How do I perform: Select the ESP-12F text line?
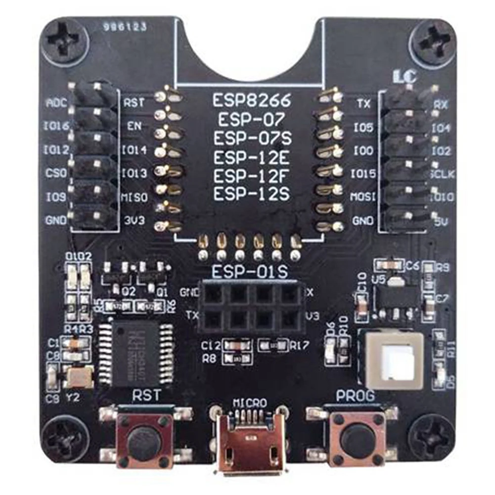click(x=251, y=176)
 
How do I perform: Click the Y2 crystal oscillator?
click(x=79, y=378)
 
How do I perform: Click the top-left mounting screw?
click(x=65, y=42)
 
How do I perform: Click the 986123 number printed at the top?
click(x=125, y=28)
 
